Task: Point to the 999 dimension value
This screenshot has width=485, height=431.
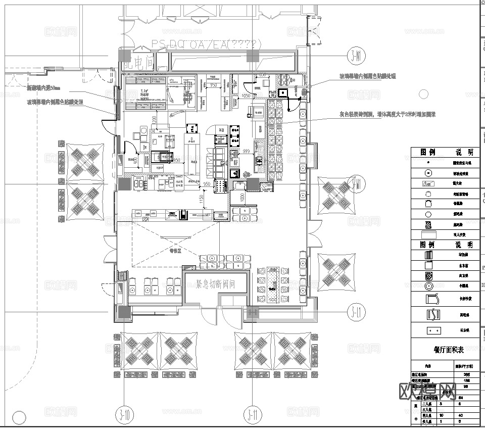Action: coord(247,151)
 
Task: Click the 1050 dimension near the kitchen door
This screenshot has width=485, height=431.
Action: coord(246,95)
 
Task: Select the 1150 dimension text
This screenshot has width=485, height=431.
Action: coord(201,200)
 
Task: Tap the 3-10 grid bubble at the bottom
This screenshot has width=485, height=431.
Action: coord(124,416)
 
